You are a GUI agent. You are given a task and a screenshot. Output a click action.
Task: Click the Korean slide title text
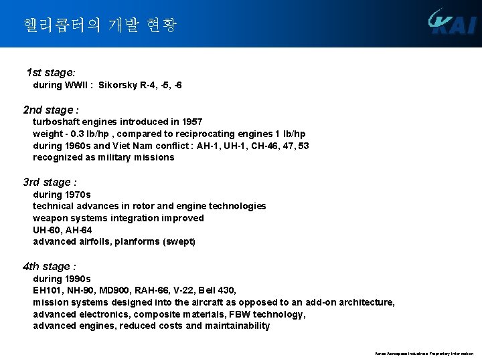point(100,25)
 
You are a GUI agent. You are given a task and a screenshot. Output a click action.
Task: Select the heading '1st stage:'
point(50,72)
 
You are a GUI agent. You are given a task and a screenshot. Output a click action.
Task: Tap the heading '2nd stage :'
point(51,110)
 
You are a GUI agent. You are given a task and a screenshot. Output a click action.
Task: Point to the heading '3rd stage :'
point(50,182)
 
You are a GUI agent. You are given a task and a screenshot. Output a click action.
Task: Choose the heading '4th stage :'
point(50,266)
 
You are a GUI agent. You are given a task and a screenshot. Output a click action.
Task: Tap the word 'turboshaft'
point(56,122)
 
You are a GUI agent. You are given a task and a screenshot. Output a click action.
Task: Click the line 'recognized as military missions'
point(103,158)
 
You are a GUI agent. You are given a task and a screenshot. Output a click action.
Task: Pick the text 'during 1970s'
point(62,195)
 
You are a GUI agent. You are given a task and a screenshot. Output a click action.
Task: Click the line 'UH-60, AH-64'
point(64,230)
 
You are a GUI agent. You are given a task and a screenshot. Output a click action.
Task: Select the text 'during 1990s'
point(62,279)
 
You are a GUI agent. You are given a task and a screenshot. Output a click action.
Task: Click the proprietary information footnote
point(424,354)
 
